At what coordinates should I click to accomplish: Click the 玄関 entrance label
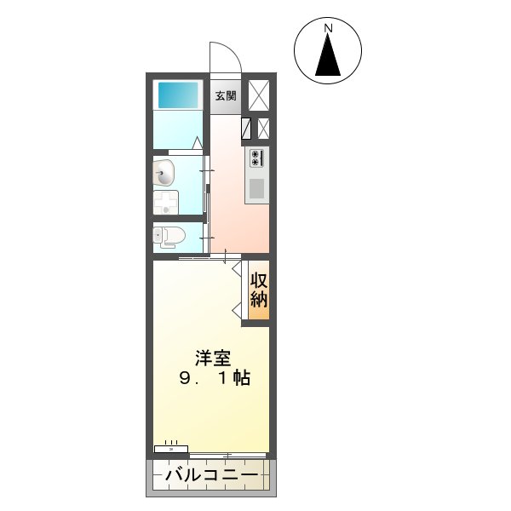coord(226,95)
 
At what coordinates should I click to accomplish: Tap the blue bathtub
coord(178,95)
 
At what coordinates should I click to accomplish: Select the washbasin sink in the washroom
coord(164,173)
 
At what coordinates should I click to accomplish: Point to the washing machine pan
coord(166,203)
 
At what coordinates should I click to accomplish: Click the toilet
coord(169,236)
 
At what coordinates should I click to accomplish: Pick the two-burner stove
coord(256,158)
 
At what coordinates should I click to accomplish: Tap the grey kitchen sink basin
coord(257,189)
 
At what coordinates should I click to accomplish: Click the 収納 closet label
coord(259,290)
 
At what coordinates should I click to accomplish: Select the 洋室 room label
coord(213,359)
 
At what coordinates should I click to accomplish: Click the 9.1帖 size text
coord(215,378)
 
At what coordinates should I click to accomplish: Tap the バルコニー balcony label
coord(212,475)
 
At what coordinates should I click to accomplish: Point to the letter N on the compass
coord(328,28)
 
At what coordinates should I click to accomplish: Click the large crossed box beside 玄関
coord(259,95)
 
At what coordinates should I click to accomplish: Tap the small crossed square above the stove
coord(263,128)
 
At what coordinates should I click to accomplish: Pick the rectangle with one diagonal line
coord(246,128)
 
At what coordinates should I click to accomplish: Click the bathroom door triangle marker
coord(197,143)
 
